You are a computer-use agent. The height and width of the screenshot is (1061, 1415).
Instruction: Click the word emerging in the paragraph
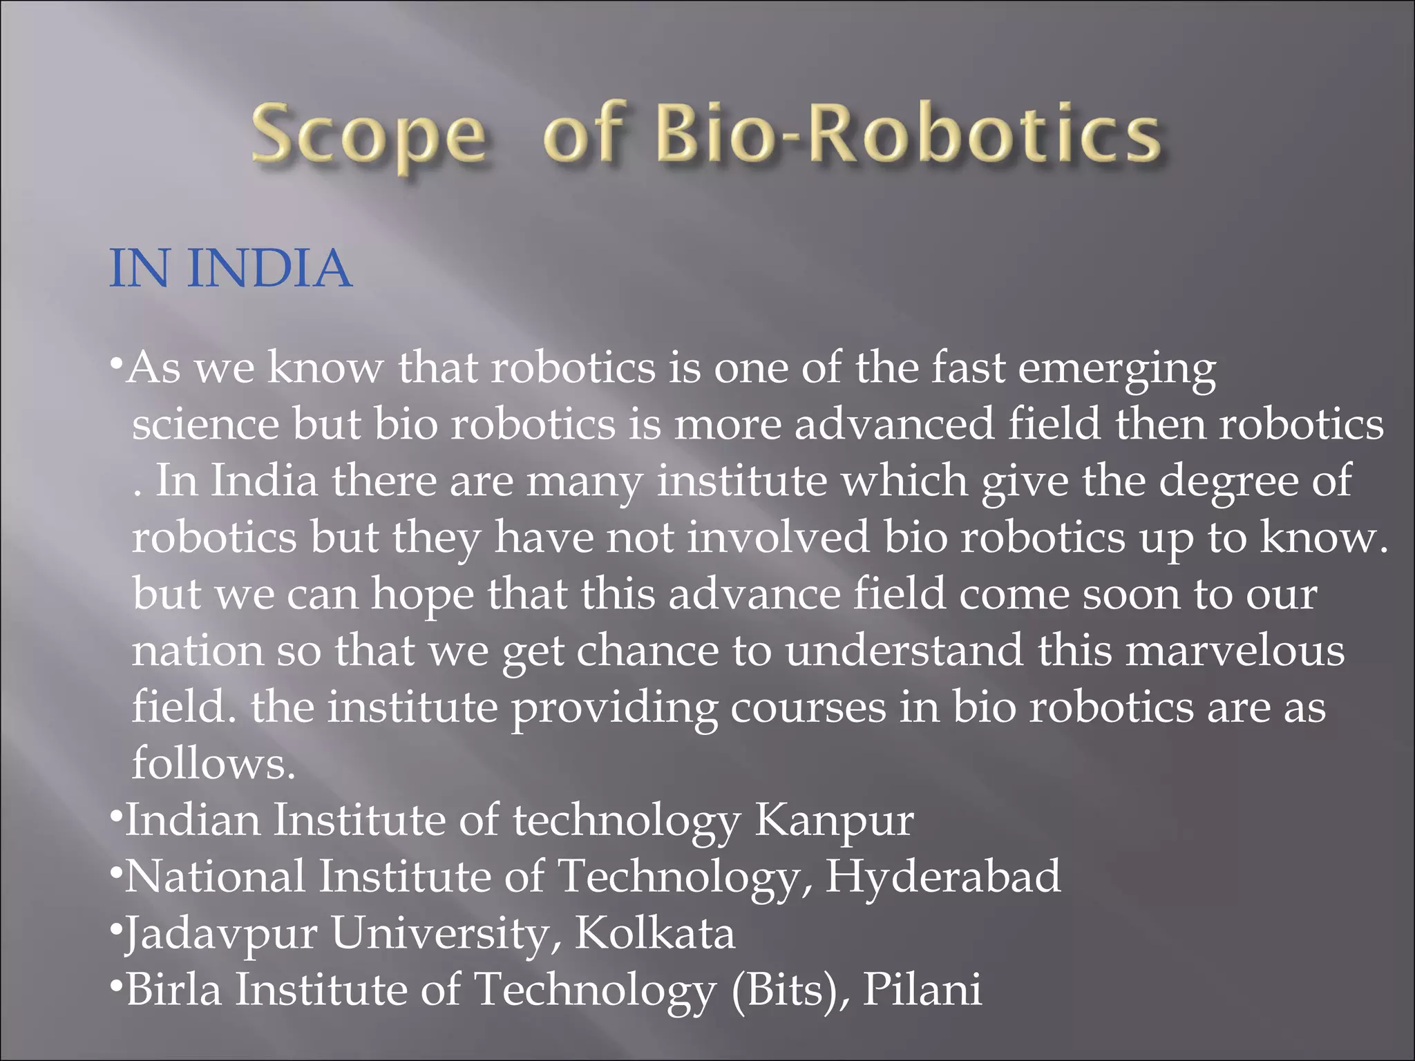coord(1117,369)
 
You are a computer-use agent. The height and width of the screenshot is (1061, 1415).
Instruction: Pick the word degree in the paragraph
coord(1228,481)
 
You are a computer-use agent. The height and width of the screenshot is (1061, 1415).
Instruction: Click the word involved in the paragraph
coord(778,537)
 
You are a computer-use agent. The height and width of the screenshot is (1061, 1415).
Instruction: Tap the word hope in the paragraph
coord(422,595)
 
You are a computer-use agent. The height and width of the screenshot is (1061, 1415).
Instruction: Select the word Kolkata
coord(655,933)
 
